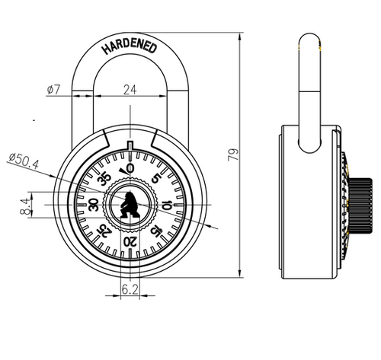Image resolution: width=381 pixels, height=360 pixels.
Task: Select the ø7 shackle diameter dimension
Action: tap(53, 89)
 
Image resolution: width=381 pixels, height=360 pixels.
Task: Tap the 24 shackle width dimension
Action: tap(130, 90)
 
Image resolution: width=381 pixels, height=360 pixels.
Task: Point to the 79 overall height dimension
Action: tap(233, 155)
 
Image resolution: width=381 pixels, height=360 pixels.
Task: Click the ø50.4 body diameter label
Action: tap(24, 161)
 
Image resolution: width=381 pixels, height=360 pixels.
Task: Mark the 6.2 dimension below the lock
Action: tap(130, 289)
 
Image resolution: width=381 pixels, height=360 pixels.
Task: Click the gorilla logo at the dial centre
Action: tap(130, 205)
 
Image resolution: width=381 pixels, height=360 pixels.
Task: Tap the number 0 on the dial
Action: tap(130, 168)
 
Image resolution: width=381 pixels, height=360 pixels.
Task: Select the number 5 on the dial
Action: tap(156, 178)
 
